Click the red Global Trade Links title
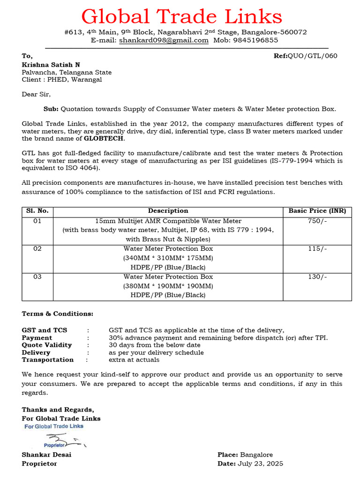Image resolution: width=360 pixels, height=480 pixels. (x=181, y=17)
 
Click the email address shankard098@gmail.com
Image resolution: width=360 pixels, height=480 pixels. (x=164, y=40)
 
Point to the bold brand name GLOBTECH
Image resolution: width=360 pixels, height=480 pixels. (x=105, y=139)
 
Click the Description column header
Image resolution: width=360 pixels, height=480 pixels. (x=168, y=211)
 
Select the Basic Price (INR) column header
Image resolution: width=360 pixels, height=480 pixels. (x=317, y=211)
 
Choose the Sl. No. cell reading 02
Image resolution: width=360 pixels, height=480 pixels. (x=37, y=249)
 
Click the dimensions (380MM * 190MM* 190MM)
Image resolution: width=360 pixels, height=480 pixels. (x=168, y=286)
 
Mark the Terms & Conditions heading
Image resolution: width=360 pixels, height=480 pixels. (x=58, y=314)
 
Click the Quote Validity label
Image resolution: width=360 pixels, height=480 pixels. (x=47, y=345)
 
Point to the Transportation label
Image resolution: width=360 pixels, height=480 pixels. (x=48, y=360)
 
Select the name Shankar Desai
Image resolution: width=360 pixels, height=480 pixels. (x=47, y=455)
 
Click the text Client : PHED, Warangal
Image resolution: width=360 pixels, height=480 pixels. (x=61, y=80)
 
